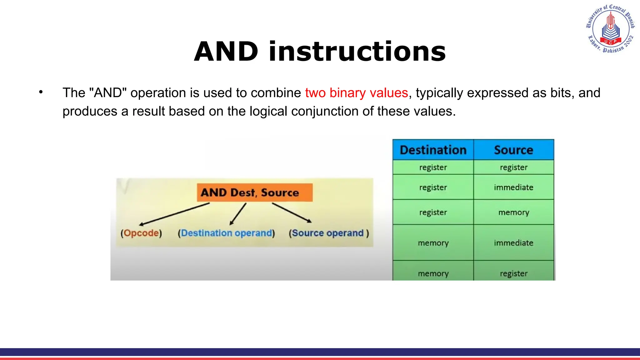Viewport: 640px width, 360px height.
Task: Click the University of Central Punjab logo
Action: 610,29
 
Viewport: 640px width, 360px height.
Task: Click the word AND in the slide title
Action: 226,52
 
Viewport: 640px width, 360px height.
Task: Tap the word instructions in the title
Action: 357,52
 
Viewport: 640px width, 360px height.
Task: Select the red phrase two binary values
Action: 357,93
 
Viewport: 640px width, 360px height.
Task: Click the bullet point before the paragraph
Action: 41,92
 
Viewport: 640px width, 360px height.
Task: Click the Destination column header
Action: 433,150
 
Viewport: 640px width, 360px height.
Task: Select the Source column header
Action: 513,150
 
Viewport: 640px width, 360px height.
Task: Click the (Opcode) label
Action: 141,233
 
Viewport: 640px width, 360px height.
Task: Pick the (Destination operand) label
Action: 226,233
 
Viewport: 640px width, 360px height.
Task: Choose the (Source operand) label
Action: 329,233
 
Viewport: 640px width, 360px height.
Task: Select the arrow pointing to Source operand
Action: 292,213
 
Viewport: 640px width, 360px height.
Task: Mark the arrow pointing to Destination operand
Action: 238,214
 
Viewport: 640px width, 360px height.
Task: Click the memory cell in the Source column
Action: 513,212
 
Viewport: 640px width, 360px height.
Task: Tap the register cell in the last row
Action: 513,273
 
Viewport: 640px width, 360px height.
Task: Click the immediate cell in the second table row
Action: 513,187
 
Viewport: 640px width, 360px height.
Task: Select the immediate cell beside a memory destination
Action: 513,243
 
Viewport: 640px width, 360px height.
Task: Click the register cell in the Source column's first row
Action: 513,167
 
